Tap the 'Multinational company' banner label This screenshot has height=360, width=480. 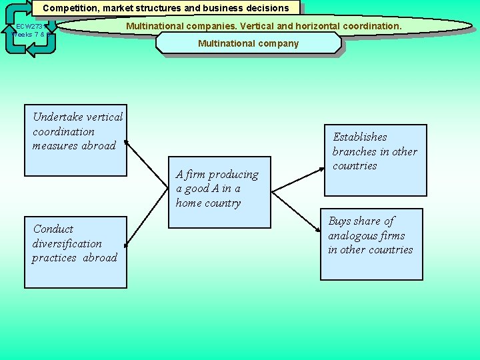pos(248,43)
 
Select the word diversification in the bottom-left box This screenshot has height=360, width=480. pos(67,243)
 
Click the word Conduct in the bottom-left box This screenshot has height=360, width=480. pos(53,229)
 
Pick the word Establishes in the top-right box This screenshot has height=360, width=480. pos(360,137)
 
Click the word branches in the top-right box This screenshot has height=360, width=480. pos(354,151)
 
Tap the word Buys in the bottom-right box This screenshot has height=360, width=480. pos(340,221)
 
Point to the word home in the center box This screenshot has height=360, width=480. pos(189,203)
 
